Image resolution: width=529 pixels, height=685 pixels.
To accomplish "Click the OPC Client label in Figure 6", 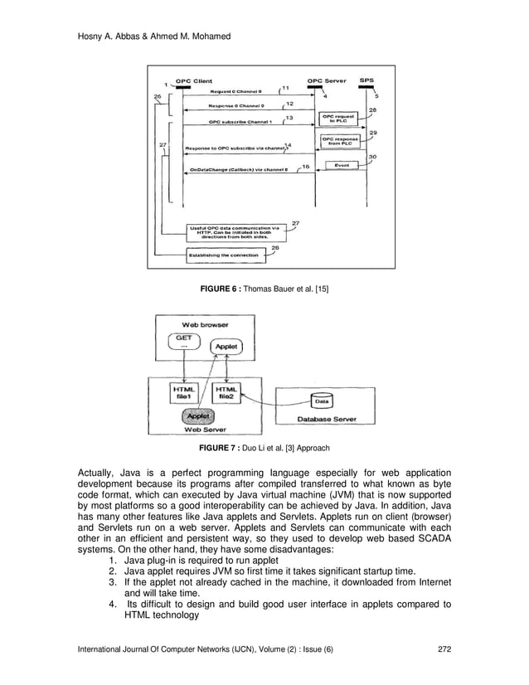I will pyautogui.click(x=192, y=80).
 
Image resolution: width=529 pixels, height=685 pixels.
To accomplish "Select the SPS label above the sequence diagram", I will pyautogui.click(x=366, y=80).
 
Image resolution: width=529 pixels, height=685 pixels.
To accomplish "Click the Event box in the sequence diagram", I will pyautogui.click(x=341, y=164).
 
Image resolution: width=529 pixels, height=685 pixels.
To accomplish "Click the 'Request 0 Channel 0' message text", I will pyautogui.click(x=235, y=90).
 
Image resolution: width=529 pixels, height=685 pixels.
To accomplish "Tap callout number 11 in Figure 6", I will pyautogui.click(x=285, y=87).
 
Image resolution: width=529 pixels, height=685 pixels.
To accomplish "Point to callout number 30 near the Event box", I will pyautogui.click(x=372, y=157).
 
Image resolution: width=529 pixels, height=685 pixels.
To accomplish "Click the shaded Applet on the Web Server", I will pyautogui.click(x=198, y=416).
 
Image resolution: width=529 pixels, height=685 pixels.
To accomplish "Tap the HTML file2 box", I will pyautogui.click(x=226, y=393).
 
